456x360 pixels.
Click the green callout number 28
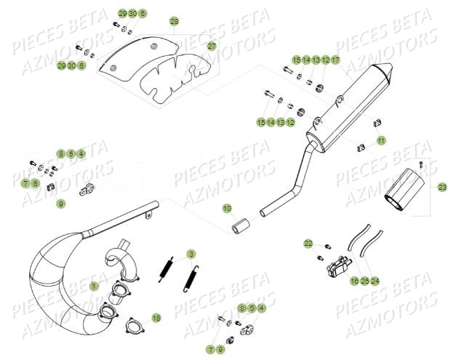pyautogui.click(x=175, y=22)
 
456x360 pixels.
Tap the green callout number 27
pyautogui.click(x=212, y=47)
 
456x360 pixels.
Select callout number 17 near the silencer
pyautogui.click(x=335, y=60)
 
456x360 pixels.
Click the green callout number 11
pyautogui.click(x=381, y=141)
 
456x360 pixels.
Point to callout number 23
pyautogui.click(x=442, y=187)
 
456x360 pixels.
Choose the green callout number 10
pyautogui.click(x=227, y=209)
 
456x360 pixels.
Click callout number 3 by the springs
pyautogui.click(x=191, y=255)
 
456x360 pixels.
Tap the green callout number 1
pyautogui.click(x=94, y=287)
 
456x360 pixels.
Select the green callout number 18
pyautogui.click(x=156, y=318)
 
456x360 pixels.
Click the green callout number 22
pyautogui.click(x=308, y=244)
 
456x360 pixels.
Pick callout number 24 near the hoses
pyautogui.click(x=375, y=281)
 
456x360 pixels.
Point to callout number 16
pyautogui.click(x=354, y=281)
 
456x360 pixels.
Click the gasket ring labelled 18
pyautogui.click(x=135, y=325)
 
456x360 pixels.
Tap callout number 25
pyautogui.click(x=365, y=281)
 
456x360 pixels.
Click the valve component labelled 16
pyautogui.click(x=338, y=267)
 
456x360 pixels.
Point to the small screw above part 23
pyautogui.click(x=421, y=164)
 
